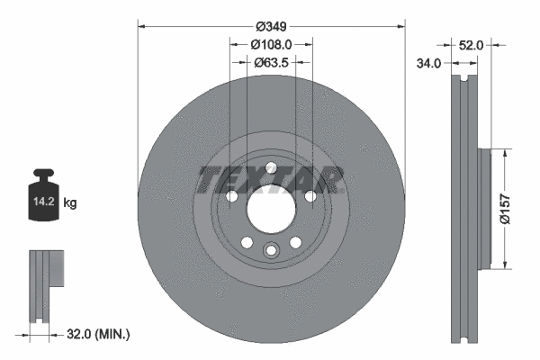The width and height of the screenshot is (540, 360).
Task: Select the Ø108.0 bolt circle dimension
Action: pyautogui.click(x=271, y=43)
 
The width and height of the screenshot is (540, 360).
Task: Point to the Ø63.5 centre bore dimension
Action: pyautogui.click(x=271, y=63)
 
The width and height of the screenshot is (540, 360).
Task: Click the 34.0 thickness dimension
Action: pyautogui.click(x=429, y=63)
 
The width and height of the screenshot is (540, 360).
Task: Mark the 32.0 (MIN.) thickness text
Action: pyautogui.click(x=97, y=335)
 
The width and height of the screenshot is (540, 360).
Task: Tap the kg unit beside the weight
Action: pyautogui.click(x=70, y=203)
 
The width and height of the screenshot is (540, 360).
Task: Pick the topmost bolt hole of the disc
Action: pyautogui.click(x=270, y=166)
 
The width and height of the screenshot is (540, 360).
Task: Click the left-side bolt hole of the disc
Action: pyautogui.click(x=231, y=196)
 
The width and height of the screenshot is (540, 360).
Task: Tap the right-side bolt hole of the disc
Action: pyautogui.click(x=310, y=196)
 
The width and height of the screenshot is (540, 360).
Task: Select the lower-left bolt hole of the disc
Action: pyautogui.click(x=246, y=242)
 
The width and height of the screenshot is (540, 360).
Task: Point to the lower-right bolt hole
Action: pyautogui.click(x=294, y=242)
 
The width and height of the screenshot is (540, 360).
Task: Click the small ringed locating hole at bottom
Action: pyautogui.click(x=270, y=252)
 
